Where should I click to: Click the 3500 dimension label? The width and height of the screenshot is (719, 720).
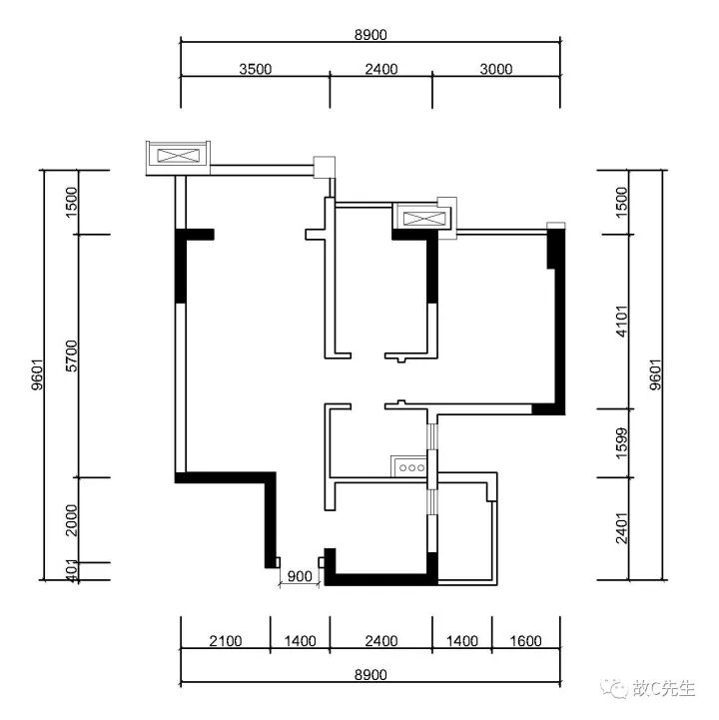click(x=256, y=69)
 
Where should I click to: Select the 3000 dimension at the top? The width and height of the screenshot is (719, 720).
click(x=495, y=69)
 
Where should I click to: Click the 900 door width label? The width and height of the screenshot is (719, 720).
click(x=298, y=576)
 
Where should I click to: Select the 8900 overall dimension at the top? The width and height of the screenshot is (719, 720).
click(x=370, y=34)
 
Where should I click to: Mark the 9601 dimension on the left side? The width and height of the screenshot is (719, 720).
click(x=36, y=375)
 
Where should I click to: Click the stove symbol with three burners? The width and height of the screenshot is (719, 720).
click(x=409, y=465)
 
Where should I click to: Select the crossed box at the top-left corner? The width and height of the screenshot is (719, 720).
click(x=178, y=156)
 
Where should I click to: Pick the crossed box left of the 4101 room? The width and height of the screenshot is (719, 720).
click(x=423, y=216)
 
